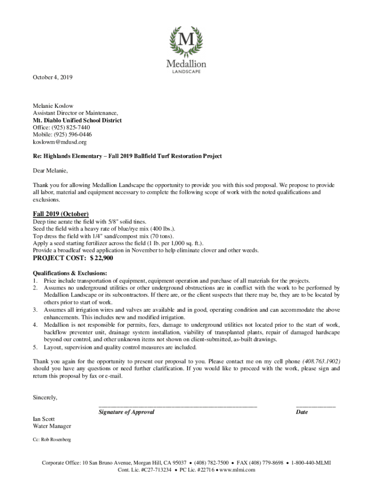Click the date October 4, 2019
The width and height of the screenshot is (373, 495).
(x=52, y=77)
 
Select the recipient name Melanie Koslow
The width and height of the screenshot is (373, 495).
(x=53, y=106)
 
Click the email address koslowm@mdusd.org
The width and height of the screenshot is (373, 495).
(x=60, y=142)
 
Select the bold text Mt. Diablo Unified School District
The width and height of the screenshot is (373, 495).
(x=77, y=120)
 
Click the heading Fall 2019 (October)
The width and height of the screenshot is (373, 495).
(x=61, y=214)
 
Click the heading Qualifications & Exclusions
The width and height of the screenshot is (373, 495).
(x=70, y=273)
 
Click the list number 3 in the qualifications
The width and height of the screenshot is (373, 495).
(x=35, y=309)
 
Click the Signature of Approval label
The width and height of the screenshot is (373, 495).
(x=126, y=412)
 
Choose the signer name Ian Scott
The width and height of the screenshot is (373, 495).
(x=44, y=419)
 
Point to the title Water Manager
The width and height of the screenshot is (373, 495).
(x=52, y=426)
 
